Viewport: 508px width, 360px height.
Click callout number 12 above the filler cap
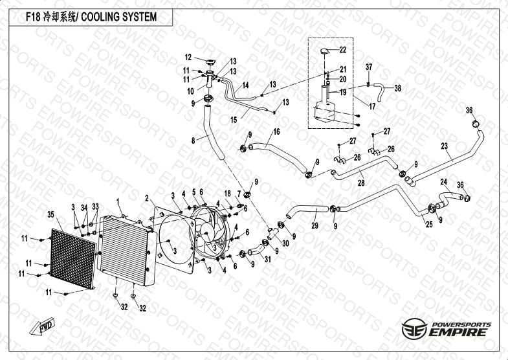coord(188,56)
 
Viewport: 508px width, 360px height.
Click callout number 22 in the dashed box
coord(343,50)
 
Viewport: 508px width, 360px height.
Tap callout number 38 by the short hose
coord(398,87)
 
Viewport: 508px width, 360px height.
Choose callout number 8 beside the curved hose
coord(193,139)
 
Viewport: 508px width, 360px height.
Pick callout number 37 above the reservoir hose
coord(369,67)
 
